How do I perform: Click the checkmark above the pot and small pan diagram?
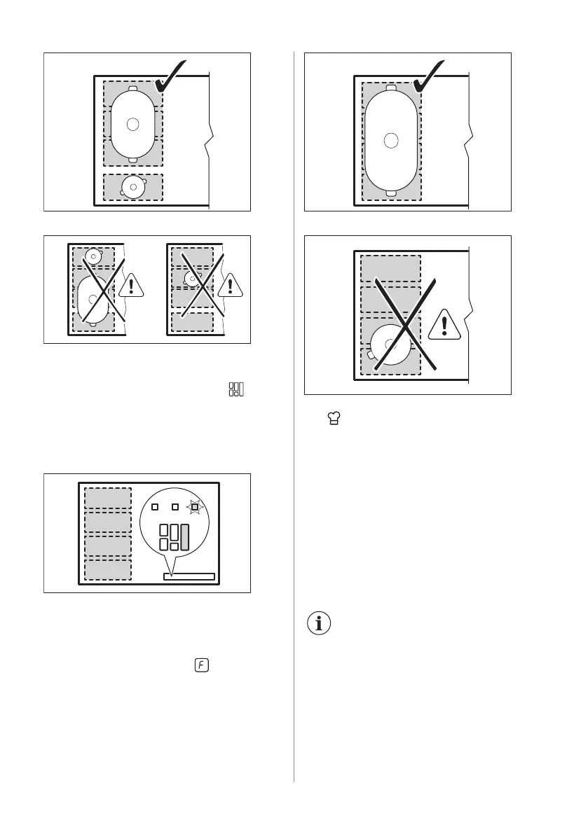pyautogui.click(x=171, y=78)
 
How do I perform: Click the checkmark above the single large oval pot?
pyautogui.click(x=431, y=78)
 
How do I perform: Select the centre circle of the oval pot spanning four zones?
pyautogui.click(x=391, y=139)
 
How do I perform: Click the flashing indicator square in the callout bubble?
pyautogui.click(x=195, y=506)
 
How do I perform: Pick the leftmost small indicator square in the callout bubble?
pyautogui.click(x=155, y=506)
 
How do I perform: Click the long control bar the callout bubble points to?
pyautogui.click(x=188, y=576)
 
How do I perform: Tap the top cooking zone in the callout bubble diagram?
pyautogui.click(x=108, y=498)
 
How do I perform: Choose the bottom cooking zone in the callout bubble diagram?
pyautogui.click(x=108, y=569)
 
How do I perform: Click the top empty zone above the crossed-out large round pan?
pyautogui.click(x=390, y=268)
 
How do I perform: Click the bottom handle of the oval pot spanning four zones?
pyautogui.click(x=391, y=193)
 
